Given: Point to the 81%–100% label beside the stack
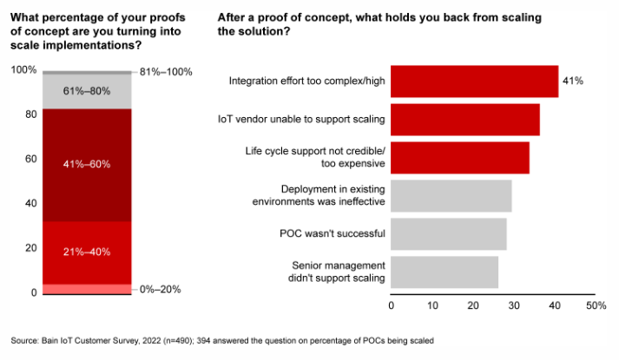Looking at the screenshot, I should tap(166, 71).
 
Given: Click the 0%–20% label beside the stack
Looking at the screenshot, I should tap(160, 289).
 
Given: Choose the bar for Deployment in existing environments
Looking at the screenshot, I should tap(451, 195).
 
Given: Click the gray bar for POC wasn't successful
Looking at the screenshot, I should tap(449, 233).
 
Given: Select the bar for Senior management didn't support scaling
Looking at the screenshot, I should tap(444, 272).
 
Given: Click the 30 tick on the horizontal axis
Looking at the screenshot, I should tap(513, 306).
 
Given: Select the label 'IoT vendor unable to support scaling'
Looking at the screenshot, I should tap(301, 119).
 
